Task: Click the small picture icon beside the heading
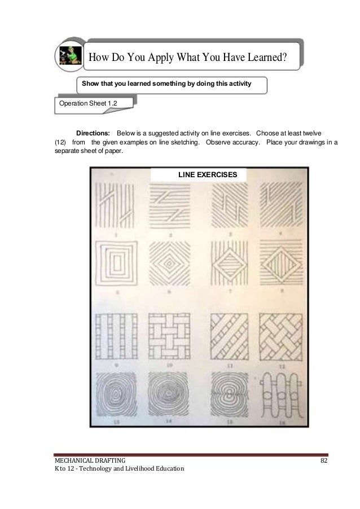click(x=70, y=55)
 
